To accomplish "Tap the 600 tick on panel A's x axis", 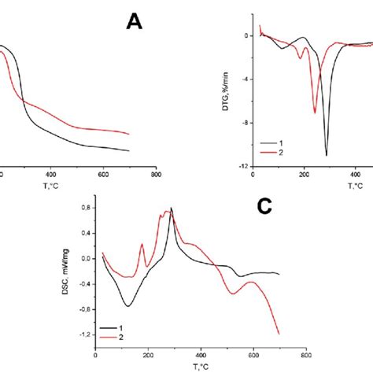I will coord(103,175).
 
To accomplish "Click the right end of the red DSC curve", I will coord(279,334).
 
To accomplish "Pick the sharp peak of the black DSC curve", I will coord(172,207).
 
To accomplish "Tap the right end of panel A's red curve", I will coord(129,134).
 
